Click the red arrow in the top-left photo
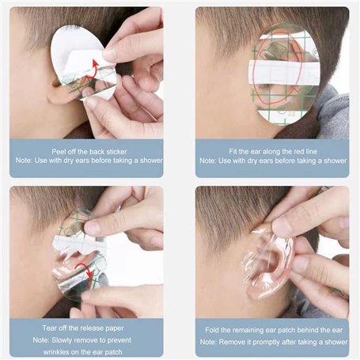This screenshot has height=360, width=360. click(x=93, y=70)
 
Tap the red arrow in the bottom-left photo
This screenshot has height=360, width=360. click(x=85, y=269)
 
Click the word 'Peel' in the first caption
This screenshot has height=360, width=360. click(x=59, y=152)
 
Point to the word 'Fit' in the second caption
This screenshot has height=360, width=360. click(x=233, y=151)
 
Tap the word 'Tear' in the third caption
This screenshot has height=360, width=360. click(x=49, y=328)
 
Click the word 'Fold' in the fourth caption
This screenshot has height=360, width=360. click(x=212, y=330)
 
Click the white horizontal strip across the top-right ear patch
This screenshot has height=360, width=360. click(x=284, y=72)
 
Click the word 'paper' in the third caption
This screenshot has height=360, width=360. click(x=115, y=328)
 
